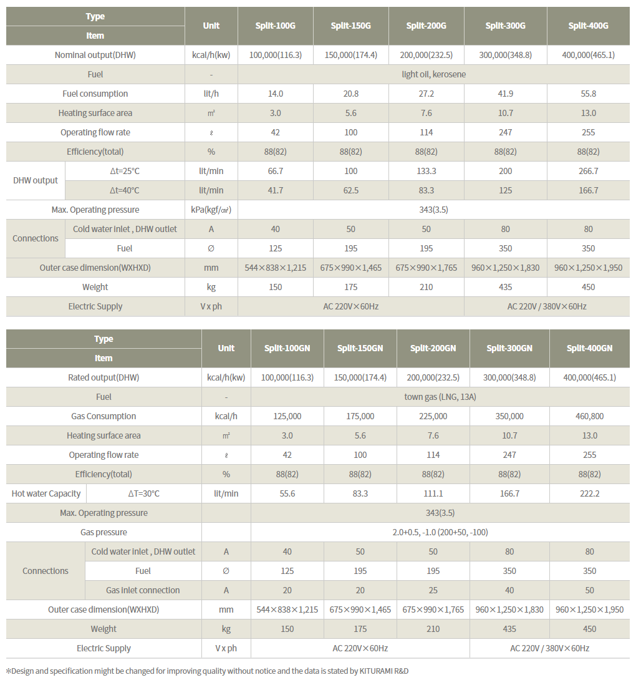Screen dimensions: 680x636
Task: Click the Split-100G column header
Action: (x=275, y=26)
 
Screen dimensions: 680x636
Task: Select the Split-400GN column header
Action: (x=589, y=348)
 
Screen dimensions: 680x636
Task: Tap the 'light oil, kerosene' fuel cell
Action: (x=433, y=74)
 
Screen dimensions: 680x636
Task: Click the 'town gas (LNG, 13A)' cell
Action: (x=440, y=397)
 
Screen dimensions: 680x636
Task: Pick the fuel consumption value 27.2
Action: (x=426, y=94)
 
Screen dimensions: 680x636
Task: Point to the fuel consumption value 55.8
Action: (x=588, y=94)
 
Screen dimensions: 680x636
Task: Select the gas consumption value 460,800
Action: (x=589, y=416)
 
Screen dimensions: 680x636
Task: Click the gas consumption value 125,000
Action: (x=287, y=416)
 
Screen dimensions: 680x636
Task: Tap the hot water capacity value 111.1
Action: (x=433, y=493)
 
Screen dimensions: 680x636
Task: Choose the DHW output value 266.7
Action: (x=588, y=171)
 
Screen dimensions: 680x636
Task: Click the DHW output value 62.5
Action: (x=351, y=190)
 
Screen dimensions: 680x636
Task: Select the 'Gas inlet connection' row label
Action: (x=143, y=590)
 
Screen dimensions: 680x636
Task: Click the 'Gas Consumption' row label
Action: (x=104, y=416)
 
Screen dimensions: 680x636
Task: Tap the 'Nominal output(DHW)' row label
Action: (x=95, y=55)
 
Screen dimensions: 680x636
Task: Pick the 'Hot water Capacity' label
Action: (x=46, y=493)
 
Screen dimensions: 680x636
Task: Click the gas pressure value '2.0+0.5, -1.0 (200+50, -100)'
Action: (x=440, y=532)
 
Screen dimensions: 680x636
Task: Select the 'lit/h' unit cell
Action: (x=211, y=94)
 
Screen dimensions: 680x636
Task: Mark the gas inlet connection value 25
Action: (x=433, y=590)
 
